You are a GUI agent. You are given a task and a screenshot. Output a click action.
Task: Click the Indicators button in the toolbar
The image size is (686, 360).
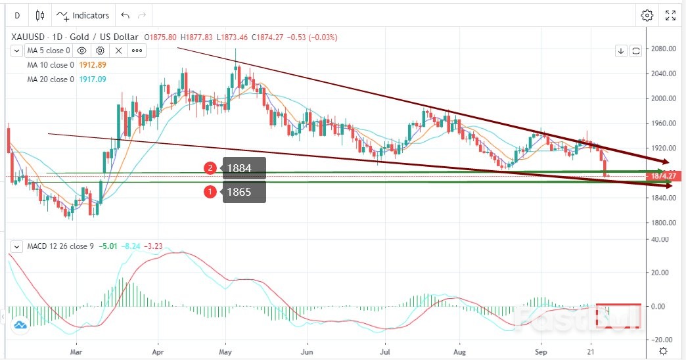click(82, 15)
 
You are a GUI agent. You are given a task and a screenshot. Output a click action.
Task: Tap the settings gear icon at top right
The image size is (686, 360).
click(647, 15)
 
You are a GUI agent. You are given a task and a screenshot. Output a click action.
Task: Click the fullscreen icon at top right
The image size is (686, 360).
click(670, 15)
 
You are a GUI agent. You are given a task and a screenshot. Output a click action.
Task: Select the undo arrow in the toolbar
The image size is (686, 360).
click(126, 15)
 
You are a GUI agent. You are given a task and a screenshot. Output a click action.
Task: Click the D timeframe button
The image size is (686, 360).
click(16, 15)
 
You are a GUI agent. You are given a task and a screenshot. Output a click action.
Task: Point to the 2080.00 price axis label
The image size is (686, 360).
click(664, 49)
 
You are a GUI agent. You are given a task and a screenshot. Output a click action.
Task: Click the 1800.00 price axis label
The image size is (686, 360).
click(664, 223)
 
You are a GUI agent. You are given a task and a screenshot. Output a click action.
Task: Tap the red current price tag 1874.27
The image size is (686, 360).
click(666, 176)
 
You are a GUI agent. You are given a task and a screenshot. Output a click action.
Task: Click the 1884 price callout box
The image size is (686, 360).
click(244, 168)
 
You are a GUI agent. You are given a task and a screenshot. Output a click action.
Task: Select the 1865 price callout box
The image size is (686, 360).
click(244, 192)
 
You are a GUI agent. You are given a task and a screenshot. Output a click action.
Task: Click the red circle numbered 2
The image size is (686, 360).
click(210, 168)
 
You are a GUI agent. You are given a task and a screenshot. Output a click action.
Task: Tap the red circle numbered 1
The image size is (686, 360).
click(210, 192)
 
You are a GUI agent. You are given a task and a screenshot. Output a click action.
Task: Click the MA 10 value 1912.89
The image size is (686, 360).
click(92, 64)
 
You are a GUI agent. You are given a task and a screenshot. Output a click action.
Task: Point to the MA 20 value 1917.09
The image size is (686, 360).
click(92, 79)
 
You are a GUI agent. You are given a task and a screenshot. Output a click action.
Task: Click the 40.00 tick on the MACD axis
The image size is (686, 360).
click(660, 239)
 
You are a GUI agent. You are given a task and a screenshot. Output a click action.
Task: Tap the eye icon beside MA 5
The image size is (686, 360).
click(82, 50)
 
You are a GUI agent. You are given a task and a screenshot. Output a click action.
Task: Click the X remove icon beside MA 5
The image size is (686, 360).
click(119, 50)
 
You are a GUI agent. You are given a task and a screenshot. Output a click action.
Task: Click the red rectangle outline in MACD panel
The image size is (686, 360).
click(618, 315)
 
